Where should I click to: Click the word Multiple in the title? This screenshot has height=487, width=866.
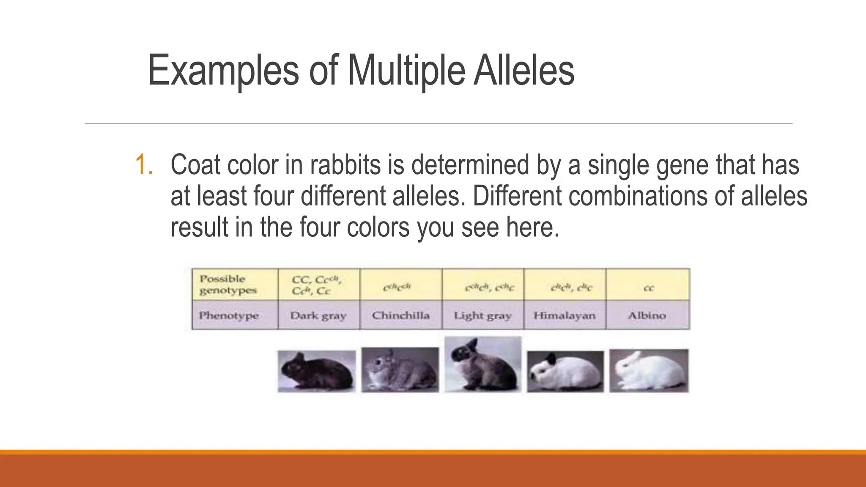[x=406, y=71]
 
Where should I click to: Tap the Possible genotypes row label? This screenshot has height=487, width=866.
[x=228, y=285]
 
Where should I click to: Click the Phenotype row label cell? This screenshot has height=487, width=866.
[x=229, y=315]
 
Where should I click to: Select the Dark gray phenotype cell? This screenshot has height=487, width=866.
[x=318, y=315]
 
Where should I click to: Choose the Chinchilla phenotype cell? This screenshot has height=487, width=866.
[x=400, y=315]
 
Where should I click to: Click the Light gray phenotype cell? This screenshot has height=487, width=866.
[x=482, y=315]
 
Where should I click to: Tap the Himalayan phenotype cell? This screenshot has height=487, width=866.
[x=565, y=315]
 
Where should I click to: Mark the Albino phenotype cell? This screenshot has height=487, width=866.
[x=647, y=315]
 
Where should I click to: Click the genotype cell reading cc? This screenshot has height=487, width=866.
[x=648, y=288]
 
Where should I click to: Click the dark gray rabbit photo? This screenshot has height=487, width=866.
[x=317, y=371]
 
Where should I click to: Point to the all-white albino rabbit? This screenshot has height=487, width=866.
[x=649, y=371]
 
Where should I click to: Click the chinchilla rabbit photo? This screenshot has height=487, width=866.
[x=400, y=370]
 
